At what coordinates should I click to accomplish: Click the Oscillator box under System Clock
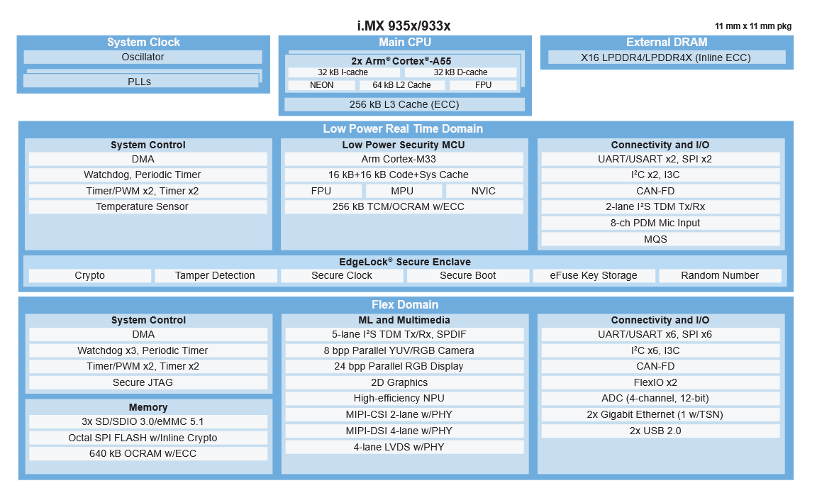coord(143,57)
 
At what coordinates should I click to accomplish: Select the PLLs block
coord(140,82)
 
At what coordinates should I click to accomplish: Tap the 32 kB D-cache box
coord(460,72)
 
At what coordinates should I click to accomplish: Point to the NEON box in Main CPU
coord(321,85)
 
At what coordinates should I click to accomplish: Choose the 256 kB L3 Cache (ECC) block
coord(404,104)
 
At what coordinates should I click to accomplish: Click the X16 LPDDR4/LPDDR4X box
coord(667,57)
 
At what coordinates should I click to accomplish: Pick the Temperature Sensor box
coord(143,207)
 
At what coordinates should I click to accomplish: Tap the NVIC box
coord(484,191)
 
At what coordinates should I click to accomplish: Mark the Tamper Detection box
coord(215,275)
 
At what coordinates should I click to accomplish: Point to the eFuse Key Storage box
coord(594,275)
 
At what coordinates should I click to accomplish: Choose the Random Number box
coord(720,275)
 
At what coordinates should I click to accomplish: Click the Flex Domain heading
coord(405,305)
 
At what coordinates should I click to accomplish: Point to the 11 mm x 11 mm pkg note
coord(753,26)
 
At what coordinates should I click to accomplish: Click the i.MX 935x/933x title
coord(404,26)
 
